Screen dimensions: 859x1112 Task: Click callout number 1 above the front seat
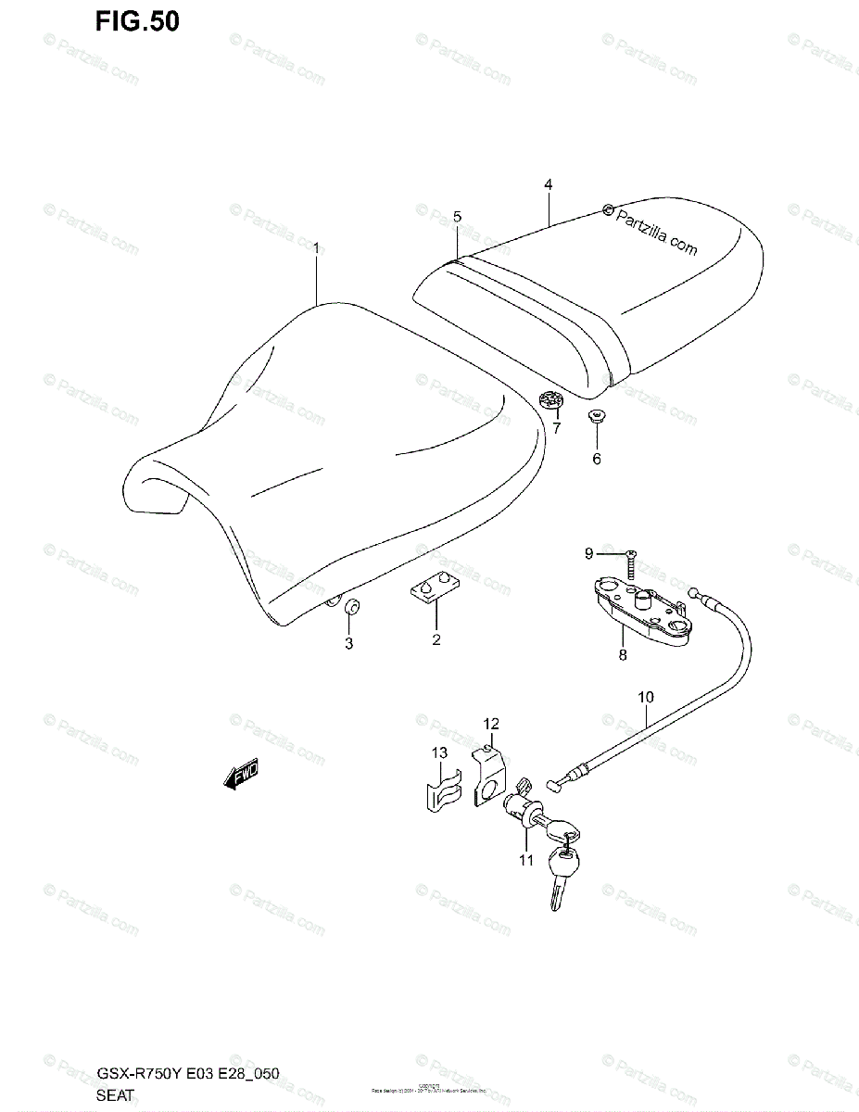[x=316, y=248]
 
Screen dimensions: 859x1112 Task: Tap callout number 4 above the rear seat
[x=548, y=185]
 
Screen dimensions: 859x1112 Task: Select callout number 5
[x=457, y=216]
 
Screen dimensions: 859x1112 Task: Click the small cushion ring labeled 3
[x=352, y=608]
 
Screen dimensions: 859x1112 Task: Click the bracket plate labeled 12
[x=488, y=778]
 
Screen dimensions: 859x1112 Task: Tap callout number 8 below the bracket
[x=622, y=655]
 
